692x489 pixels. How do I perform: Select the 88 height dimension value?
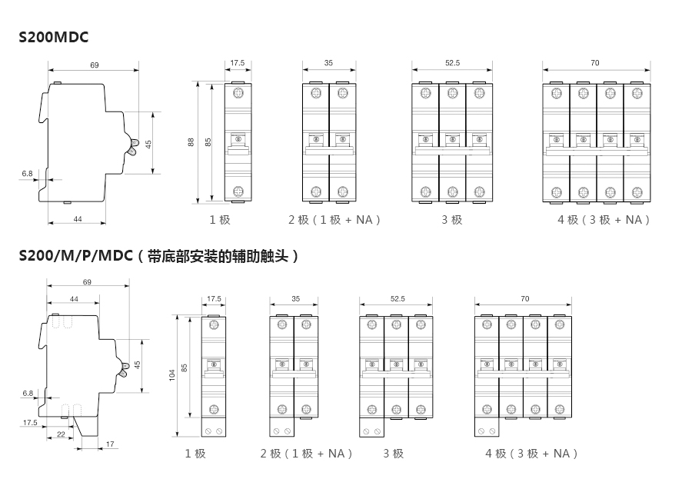coord(191,142)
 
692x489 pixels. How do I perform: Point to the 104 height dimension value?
coord(172,374)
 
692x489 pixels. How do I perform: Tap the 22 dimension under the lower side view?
coord(61,435)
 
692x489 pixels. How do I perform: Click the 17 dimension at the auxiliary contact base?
coord(110,444)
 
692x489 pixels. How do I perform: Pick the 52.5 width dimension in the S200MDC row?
coord(452,63)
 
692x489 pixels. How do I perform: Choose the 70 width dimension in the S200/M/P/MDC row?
coord(524,298)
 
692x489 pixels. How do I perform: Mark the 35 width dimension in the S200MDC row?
coord(328,63)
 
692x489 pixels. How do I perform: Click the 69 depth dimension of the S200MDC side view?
coord(94,65)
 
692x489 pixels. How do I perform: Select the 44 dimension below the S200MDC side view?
coord(78,219)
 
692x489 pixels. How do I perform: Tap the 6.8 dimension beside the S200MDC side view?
coord(28,174)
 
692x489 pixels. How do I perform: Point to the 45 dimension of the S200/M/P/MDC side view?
coord(138,364)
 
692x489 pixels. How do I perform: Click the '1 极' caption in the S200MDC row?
coord(220,220)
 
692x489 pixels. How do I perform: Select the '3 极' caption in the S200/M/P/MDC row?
coord(393,454)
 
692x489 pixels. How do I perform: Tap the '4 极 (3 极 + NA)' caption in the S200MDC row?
coord(604,220)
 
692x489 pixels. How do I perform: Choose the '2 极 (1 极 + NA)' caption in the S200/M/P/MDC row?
coord(306,454)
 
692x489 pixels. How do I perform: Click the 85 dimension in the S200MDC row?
coord(208,142)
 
